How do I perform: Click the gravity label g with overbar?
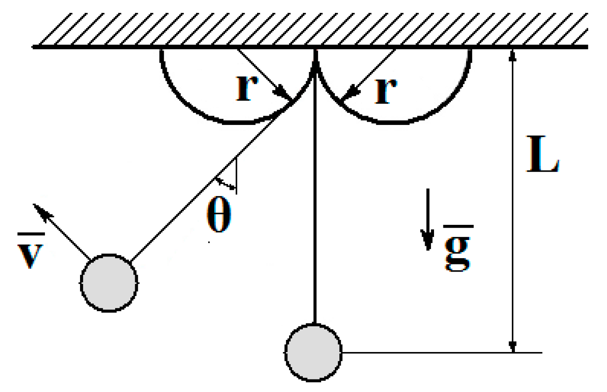coord(456,253)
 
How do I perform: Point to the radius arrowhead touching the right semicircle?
coord(345,96)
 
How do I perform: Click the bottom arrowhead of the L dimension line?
coord(513,347)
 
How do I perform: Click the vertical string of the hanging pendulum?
coord(315,200)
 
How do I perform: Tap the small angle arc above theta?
coord(225,183)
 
